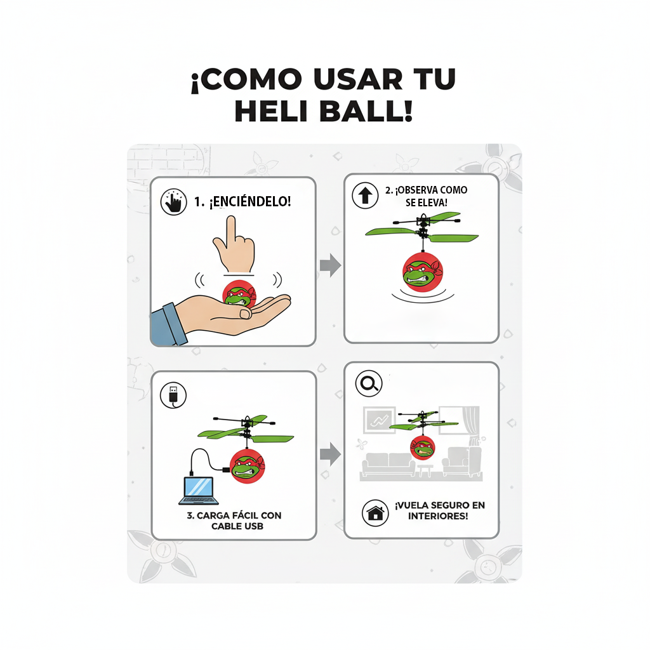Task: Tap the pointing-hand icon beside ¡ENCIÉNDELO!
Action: (x=174, y=202)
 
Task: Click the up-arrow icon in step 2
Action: (x=365, y=196)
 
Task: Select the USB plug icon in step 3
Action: (x=173, y=395)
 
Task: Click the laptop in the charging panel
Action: (x=199, y=490)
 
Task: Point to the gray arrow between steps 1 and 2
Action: (x=330, y=266)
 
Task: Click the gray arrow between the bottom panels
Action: (x=330, y=453)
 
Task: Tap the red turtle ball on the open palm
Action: (x=239, y=295)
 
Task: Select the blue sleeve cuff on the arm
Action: (x=169, y=323)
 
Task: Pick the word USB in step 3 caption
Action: (x=253, y=527)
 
